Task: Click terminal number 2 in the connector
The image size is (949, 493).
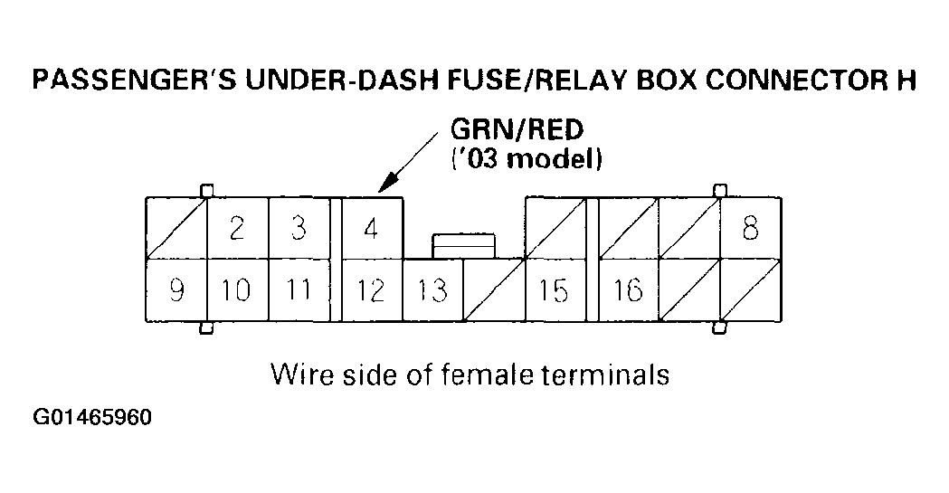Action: pyautogui.click(x=236, y=228)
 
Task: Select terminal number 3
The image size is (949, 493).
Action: pyautogui.click(x=298, y=228)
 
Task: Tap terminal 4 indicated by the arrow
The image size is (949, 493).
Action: pyautogui.click(x=370, y=228)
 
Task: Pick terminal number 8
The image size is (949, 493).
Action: pyautogui.click(x=750, y=228)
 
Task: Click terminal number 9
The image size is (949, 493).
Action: pyautogui.click(x=176, y=290)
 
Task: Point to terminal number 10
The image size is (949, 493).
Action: pyautogui.click(x=236, y=290)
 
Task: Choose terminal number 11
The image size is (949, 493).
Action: pyautogui.click(x=298, y=290)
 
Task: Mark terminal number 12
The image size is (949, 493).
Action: pyautogui.click(x=370, y=290)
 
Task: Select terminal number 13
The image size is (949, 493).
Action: pyautogui.click(x=432, y=290)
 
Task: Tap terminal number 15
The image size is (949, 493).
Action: pyautogui.click(x=553, y=290)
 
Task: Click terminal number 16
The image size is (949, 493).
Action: pyautogui.click(x=627, y=290)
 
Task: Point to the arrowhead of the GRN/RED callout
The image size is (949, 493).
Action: pyautogui.click(x=384, y=188)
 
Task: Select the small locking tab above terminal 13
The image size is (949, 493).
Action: pyautogui.click(x=463, y=245)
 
